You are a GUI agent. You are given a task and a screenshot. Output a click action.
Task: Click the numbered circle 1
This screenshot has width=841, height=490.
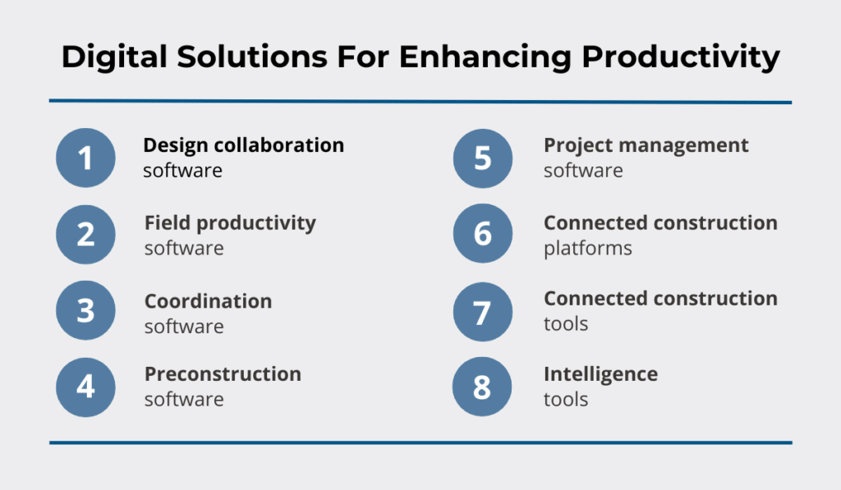click(x=85, y=158)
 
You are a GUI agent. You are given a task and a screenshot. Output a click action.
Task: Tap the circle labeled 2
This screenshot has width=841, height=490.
click(x=85, y=235)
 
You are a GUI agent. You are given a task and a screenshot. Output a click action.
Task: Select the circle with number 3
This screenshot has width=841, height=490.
click(x=85, y=312)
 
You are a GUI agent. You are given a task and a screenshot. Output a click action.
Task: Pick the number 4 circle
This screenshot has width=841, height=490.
click(x=85, y=387)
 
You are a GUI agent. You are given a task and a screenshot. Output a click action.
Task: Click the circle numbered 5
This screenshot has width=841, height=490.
click(x=483, y=158)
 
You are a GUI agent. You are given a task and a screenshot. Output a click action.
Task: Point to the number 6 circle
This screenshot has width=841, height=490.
click(x=483, y=235)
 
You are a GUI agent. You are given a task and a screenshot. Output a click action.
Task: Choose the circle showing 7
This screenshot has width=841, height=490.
click(x=483, y=312)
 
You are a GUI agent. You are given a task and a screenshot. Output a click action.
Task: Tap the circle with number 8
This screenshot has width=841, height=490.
click(x=483, y=387)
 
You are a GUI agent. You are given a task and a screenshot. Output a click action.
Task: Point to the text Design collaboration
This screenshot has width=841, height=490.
click(x=244, y=145)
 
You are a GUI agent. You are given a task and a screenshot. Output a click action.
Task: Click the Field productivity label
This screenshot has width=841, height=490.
click(x=230, y=222)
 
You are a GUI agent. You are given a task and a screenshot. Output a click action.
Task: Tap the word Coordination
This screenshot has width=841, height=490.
click(x=208, y=301)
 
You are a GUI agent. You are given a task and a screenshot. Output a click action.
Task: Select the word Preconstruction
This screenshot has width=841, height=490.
click(x=223, y=374)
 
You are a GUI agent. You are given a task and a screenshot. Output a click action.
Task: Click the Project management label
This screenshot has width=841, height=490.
click(x=646, y=145)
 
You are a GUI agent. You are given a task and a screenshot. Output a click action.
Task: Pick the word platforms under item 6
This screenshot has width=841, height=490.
click(x=587, y=248)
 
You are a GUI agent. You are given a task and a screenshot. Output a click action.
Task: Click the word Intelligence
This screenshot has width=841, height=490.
click(x=600, y=374)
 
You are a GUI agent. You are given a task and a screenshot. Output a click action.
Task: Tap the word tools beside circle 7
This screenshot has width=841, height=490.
click(x=566, y=323)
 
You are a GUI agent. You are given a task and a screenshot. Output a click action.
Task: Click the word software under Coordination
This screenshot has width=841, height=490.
click(x=184, y=326)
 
